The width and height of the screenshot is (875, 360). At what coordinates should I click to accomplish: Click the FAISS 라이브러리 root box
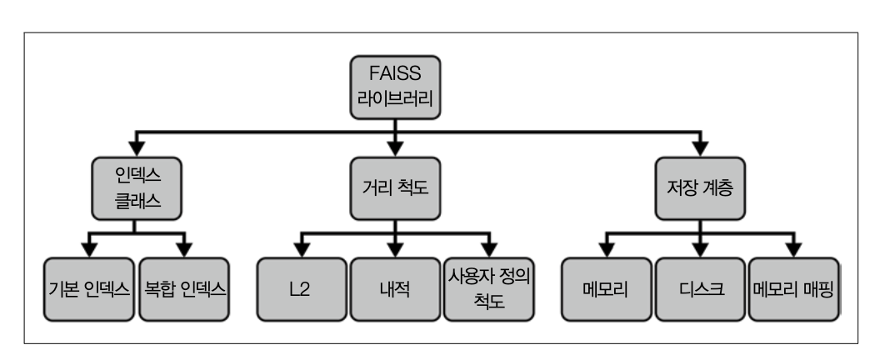point(395,87)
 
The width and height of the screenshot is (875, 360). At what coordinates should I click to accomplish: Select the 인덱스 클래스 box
point(137,188)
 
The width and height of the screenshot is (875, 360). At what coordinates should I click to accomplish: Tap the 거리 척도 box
point(395,188)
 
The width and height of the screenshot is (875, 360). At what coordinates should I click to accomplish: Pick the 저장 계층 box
point(700,188)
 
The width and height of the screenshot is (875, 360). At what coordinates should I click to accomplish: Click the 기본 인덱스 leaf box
point(89,289)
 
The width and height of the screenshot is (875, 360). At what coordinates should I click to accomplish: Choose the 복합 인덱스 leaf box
point(184,289)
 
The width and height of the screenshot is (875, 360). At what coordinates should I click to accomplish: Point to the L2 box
point(302,289)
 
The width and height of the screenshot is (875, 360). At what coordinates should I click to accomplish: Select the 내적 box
point(395,289)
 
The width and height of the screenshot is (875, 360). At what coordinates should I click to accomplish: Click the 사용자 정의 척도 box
point(489,289)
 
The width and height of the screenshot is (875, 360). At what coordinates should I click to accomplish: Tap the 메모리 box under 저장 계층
point(606,289)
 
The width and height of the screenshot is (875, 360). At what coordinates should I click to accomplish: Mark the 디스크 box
point(700,289)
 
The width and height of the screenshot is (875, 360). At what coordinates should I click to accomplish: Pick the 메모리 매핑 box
point(793,289)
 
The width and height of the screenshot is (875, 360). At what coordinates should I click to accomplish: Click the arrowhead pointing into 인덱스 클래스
point(137,147)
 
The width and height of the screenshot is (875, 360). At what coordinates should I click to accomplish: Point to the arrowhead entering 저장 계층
point(700,147)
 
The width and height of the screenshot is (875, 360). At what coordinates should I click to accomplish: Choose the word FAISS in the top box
point(395,73)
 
